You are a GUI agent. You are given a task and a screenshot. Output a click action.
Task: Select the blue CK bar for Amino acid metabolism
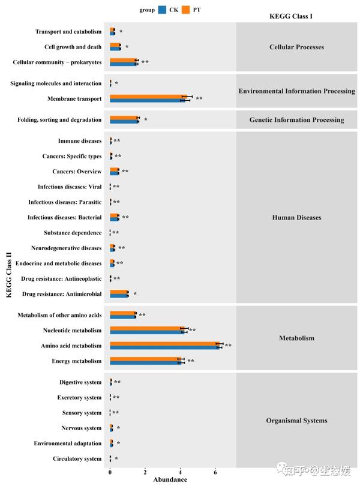[165, 347]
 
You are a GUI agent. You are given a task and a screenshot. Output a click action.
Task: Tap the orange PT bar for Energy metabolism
[144, 359]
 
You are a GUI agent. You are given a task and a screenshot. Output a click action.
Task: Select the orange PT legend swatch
[186, 10]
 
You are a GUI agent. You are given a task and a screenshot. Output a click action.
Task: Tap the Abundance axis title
[170, 479]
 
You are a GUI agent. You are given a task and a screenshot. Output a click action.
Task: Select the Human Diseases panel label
[296, 217]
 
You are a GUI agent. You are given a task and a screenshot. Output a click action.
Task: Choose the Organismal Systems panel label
[296, 421]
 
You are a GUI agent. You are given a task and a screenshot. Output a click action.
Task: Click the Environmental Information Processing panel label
[296, 91]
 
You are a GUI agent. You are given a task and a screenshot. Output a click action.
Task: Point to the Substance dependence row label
[73, 233]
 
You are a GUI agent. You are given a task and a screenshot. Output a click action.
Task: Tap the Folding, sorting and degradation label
[59, 120]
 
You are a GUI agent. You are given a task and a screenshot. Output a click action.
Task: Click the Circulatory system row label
[76, 459]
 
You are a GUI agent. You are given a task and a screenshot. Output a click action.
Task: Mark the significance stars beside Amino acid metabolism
[228, 346]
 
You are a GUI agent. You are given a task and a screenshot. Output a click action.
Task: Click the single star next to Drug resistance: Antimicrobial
[135, 294]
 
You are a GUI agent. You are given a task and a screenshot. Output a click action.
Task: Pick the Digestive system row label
[80, 382]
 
